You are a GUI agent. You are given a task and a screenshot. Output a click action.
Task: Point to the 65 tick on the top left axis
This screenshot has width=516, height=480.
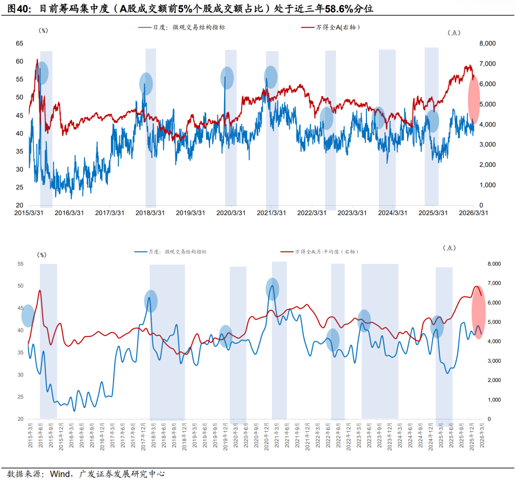point(19,44)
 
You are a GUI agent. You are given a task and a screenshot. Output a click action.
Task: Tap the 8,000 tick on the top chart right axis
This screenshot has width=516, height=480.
point(487,44)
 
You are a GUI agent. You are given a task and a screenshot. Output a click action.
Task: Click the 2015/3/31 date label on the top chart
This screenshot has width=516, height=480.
point(30,213)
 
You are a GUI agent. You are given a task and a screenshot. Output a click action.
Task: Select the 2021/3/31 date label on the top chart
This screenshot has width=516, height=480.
point(271,213)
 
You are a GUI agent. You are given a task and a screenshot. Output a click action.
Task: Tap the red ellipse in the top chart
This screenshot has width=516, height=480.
point(474,101)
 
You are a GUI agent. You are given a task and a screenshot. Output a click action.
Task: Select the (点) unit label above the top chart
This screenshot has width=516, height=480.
point(453,33)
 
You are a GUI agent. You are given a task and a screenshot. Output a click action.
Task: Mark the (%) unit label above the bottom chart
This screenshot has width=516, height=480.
point(43,255)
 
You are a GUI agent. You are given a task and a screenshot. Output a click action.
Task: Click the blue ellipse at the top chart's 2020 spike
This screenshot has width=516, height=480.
point(227,77)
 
